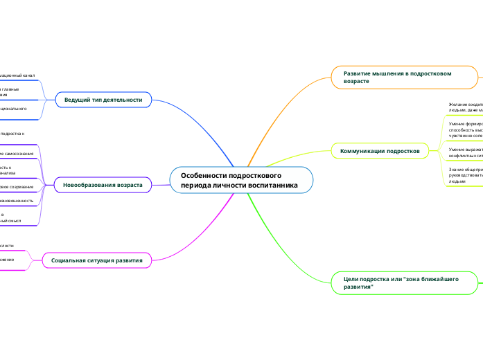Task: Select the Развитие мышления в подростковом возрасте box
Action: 403,76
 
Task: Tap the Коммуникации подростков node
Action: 380,150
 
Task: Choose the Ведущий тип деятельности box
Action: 103,100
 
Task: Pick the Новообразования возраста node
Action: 103,185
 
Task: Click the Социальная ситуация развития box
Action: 97,260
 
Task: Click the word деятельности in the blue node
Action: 123,100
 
